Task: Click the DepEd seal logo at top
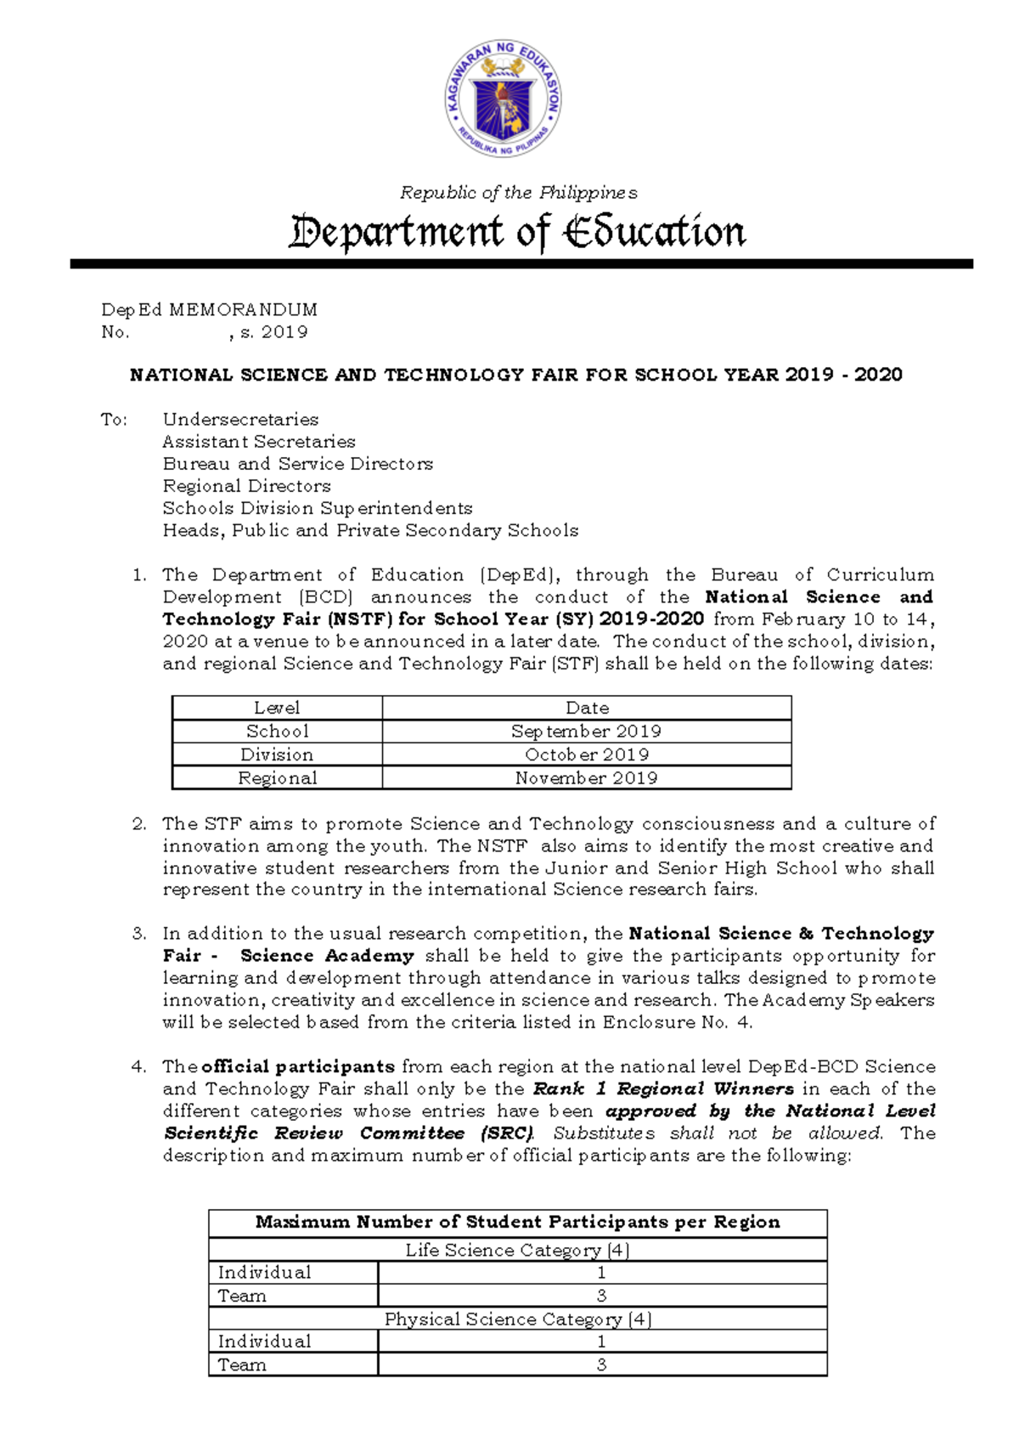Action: [x=503, y=99]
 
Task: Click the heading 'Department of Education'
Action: [x=517, y=232]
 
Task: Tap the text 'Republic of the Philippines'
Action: [x=518, y=193]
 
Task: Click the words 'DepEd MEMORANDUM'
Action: [x=209, y=309]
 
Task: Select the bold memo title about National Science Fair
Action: [x=515, y=375]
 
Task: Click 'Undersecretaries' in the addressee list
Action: [x=240, y=419]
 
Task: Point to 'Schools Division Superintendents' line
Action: [x=317, y=508]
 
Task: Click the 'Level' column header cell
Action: [x=277, y=708]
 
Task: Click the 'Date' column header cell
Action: [x=587, y=708]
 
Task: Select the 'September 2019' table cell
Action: [x=586, y=731]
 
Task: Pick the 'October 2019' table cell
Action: [x=586, y=754]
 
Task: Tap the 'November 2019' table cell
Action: [x=586, y=777]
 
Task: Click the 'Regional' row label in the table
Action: [x=277, y=777]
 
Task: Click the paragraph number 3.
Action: [x=139, y=934]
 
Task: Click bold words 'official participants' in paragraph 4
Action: [x=298, y=1066]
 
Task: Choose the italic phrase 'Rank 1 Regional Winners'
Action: [x=663, y=1088]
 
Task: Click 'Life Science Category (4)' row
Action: [x=517, y=1250]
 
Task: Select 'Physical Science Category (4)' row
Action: [x=517, y=1319]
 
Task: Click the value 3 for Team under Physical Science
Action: [x=601, y=1365]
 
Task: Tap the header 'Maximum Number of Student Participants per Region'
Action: [x=517, y=1222]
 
